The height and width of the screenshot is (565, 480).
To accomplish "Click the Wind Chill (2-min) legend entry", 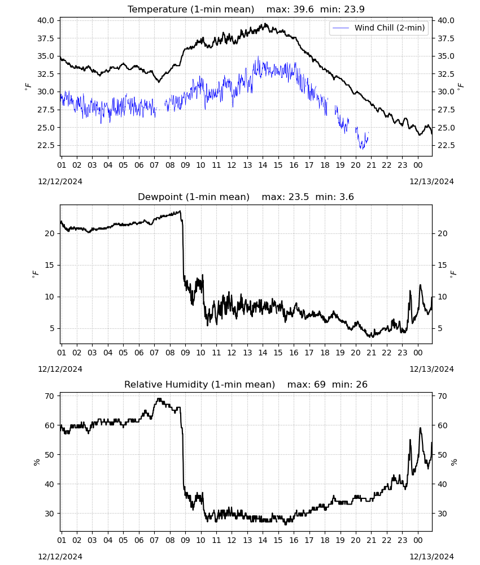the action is click(x=379, y=28).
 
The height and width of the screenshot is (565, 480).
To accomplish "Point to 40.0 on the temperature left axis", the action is click(x=46, y=20).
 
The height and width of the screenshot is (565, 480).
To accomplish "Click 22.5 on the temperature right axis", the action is click(x=446, y=145).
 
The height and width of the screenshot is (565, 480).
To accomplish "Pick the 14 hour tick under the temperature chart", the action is click(x=263, y=165).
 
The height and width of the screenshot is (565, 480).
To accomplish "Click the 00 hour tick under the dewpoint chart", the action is click(x=418, y=353).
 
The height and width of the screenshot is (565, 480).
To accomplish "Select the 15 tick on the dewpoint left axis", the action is click(x=50, y=265).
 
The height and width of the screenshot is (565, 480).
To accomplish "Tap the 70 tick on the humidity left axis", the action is click(x=50, y=396).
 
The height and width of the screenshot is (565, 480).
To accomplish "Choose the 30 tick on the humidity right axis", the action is click(x=442, y=514).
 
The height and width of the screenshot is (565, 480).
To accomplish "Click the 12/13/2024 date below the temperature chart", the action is click(x=431, y=181).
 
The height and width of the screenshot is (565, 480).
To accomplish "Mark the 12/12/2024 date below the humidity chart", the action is click(x=60, y=557).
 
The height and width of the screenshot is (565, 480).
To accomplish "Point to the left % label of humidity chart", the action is click(x=36, y=462).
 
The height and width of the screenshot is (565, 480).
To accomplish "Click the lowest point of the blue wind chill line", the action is click(x=362, y=149).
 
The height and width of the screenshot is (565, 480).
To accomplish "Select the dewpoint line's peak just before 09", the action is click(x=180, y=211).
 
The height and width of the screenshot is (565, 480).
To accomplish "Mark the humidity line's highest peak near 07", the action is click(x=159, y=398).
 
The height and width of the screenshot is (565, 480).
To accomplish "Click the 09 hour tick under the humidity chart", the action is click(x=185, y=540).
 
